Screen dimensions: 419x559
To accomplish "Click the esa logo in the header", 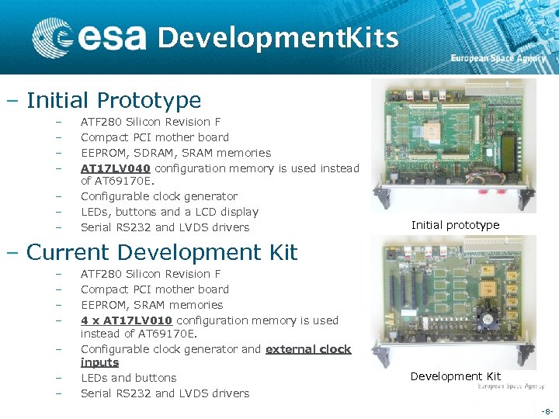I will (89, 37).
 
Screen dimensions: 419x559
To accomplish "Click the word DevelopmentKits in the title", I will (278, 37).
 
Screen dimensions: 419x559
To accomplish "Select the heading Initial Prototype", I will (113, 100).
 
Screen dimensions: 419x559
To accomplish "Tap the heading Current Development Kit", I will (161, 252).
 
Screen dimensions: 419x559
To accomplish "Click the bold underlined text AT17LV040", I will (116, 168).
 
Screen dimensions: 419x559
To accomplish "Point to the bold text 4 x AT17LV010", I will (128, 320).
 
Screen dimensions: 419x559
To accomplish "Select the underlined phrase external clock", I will (308, 349).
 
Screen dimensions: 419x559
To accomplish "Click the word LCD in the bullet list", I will (204, 212).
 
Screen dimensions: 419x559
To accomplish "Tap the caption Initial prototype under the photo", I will (455, 225).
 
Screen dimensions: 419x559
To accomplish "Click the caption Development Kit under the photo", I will (455, 376).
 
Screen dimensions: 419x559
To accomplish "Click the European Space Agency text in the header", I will (499, 58).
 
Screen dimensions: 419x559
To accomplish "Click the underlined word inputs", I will (99, 362).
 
